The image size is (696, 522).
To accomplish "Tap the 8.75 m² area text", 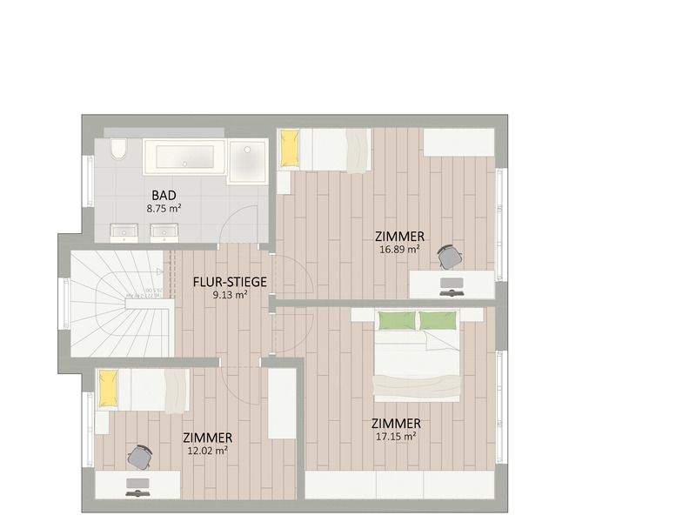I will click(164, 209).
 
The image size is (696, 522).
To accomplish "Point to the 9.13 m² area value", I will click(230, 295).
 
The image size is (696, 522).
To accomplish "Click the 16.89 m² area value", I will click(399, 249).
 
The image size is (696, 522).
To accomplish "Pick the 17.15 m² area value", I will click(395, 436).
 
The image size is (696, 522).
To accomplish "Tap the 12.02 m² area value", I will click(207, 451).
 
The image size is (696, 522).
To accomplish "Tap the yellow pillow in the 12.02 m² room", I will click(108, 390).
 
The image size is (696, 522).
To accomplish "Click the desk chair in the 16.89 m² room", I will click(450, 256).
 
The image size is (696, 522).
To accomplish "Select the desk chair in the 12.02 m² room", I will click(140, 455).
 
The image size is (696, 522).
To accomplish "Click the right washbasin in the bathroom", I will click(164, 231).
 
